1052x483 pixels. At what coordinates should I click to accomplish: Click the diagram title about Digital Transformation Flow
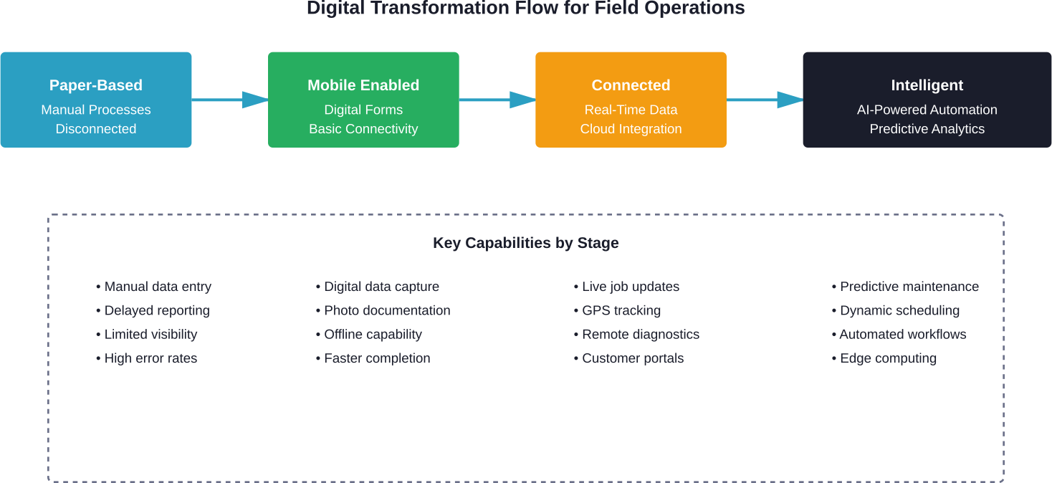point(525,9)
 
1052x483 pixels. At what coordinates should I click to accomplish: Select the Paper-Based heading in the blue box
point(96,85)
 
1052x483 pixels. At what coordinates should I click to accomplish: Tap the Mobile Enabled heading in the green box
point(363,85)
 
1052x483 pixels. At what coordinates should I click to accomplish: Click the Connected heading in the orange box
point(631,85)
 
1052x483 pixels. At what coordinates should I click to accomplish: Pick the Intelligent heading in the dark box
point(927,85)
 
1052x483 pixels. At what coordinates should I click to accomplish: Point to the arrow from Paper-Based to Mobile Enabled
point(229,100)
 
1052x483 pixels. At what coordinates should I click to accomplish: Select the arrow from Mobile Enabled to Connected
point(497,100)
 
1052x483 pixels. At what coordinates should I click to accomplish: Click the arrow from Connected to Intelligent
point(764,100)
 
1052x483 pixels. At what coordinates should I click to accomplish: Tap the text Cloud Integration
point(631,129)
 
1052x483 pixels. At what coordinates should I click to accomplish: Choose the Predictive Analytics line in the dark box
point(927,129)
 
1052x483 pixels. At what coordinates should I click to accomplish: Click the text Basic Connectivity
point(363,129)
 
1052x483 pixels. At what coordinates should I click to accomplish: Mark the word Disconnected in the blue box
point(96,129)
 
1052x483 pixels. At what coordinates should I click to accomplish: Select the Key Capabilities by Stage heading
point(525,243)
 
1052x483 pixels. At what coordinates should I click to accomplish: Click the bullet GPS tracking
point(621,310)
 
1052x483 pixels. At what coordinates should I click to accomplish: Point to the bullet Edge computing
point(887,358)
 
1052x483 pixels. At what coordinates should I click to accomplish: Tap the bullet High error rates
point(150,358)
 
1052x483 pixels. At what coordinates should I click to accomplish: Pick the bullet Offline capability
point(372,335)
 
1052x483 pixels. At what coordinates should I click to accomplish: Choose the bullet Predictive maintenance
point(909,287)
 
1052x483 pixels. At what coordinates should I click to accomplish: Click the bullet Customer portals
point(632,358)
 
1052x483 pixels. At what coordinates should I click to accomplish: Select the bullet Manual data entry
point(157,287)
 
